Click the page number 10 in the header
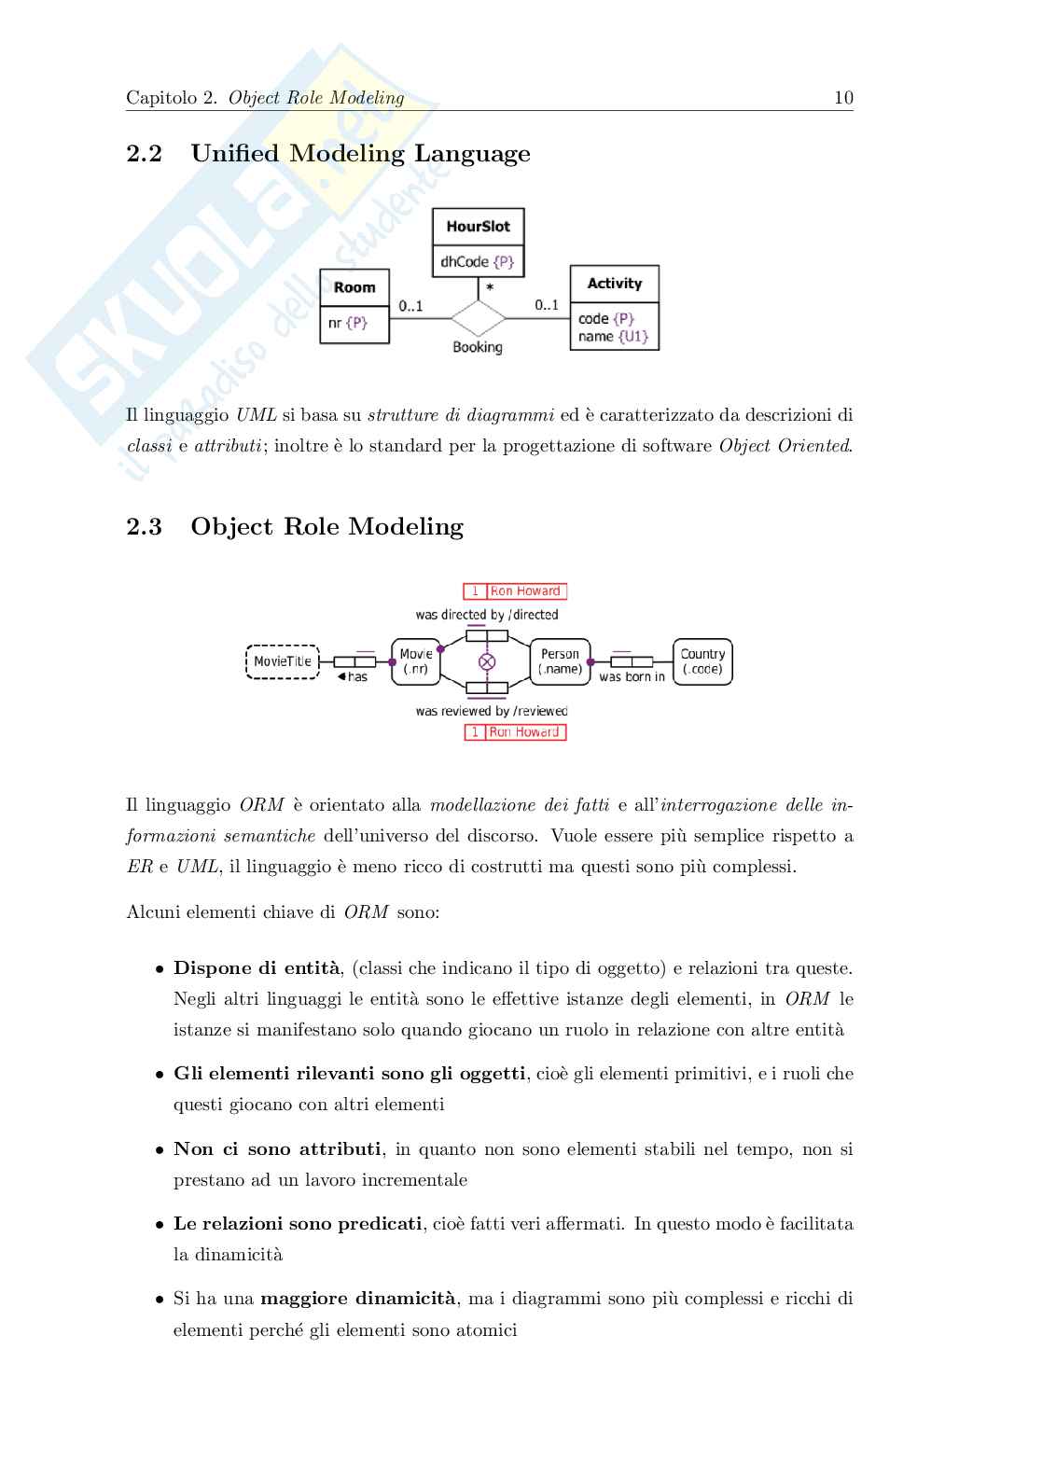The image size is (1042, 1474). [842, 98]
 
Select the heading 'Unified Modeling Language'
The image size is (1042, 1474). [360, 154]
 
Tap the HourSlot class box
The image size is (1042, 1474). [478, 242]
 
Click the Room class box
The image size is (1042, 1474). [354, 306]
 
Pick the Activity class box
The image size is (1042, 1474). [614, 307]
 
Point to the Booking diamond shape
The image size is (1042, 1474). [478, 319]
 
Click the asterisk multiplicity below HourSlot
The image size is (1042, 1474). [490, 288]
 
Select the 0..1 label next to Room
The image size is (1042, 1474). [410, 306]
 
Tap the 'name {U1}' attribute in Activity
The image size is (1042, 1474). [612, 337]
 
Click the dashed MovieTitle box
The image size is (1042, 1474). [283, 661]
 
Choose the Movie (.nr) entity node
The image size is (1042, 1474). [416, 661]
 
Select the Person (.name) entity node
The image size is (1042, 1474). [560, 661]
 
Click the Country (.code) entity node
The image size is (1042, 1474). [702, 661]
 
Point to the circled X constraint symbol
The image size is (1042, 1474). [486, 662]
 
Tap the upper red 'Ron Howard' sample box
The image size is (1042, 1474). [515, 591]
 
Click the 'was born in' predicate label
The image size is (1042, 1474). [632, 677]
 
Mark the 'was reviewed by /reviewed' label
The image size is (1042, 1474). [492, 711]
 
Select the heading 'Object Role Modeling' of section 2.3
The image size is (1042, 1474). [326, 527]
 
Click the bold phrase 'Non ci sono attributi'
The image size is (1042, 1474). [277, 1149]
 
